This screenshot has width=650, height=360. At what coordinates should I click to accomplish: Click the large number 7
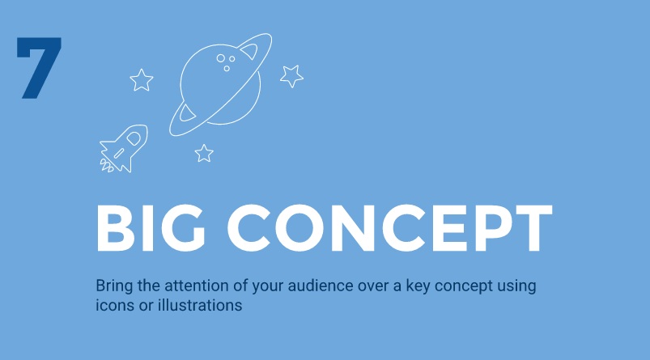pos(38,69)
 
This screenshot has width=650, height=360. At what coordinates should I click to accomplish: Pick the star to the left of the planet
pos(142,79)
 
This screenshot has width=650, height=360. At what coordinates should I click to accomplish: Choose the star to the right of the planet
pos(291,76)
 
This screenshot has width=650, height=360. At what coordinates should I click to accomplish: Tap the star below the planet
pos(204,152)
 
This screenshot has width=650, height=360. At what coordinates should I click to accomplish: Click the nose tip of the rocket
pos(145,129)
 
